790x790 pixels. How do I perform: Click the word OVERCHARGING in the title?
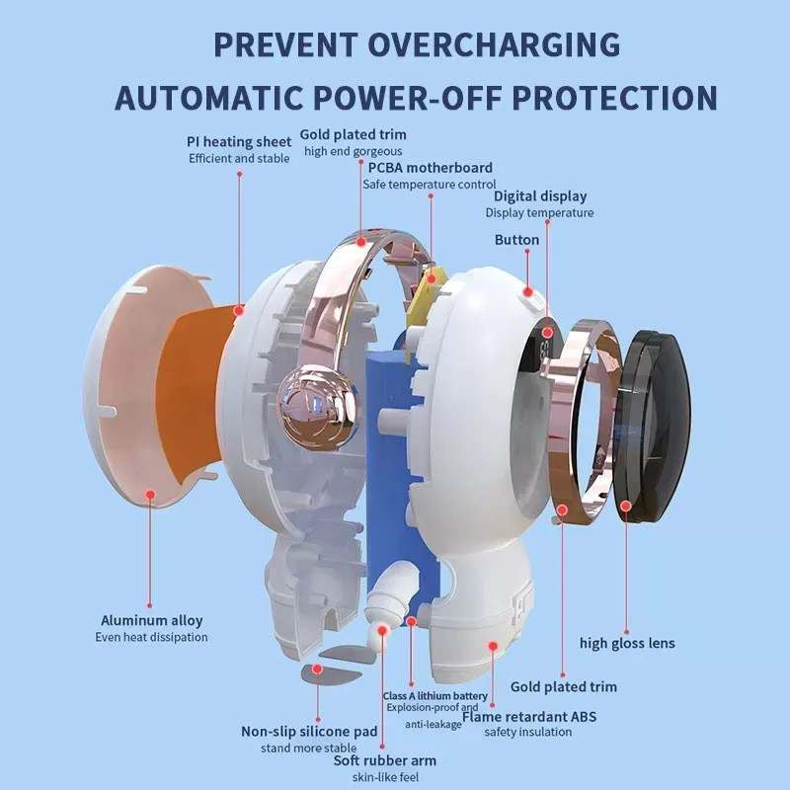coord(495,44)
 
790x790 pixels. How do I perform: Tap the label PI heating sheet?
coord(239,141)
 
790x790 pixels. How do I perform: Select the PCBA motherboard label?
coord(431,167)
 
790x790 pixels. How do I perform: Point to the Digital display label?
coord(540,196)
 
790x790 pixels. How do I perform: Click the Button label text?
coord(516,239)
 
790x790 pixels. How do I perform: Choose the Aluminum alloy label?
coord(152,620)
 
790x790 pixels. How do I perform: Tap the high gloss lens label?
coord(627,643)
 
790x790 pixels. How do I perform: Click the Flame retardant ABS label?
coord(529,717)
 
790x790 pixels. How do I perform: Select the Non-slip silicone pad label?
coord(309,731)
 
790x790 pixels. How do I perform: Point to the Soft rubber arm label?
coord(385,760)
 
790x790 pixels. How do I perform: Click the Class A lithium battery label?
coord(435,696)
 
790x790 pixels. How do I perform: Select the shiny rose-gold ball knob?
coord(317,408)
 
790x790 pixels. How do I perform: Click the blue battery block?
coord(398,479)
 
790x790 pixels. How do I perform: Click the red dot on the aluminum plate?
coord(150,495)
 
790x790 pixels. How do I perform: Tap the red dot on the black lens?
coord(626,506)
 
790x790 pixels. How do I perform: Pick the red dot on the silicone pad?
coord(317,670)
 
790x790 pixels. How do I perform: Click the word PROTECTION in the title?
coord(614,97)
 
